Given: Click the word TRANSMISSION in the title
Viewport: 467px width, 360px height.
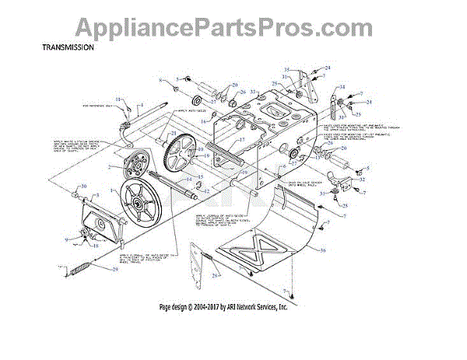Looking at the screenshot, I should tap(68, 47).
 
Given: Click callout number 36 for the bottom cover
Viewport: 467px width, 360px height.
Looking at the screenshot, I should tap(321, 250).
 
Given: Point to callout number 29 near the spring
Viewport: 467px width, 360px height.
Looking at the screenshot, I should tap(116, 269).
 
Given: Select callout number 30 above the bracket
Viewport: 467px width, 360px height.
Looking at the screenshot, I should tap(84, 187).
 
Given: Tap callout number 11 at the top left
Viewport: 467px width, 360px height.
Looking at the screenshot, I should tap(119, 100).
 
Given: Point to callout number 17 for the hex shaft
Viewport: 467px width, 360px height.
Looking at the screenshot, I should tap(243, 140).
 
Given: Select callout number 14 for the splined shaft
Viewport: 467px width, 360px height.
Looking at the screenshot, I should tap(202, 178).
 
